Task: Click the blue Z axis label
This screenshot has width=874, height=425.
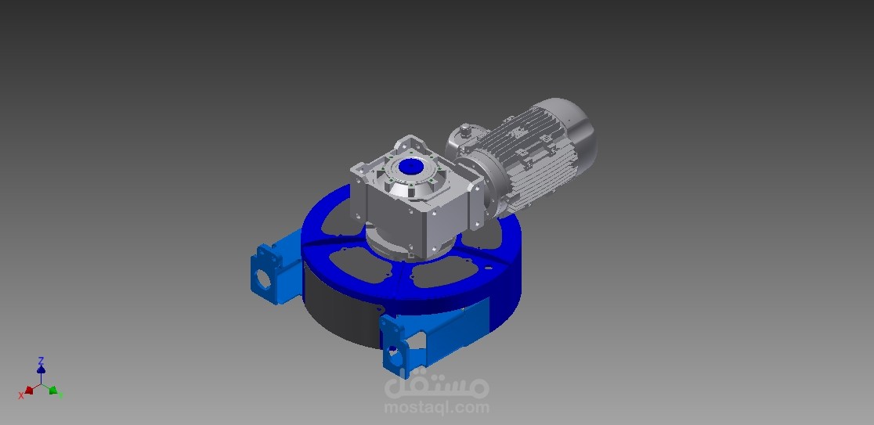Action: tap(41, 361)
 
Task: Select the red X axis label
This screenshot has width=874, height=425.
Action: tap(21, 395)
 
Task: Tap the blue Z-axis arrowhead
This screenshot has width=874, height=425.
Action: tap(41, 369)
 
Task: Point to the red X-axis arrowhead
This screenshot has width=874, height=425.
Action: tap(29, 391)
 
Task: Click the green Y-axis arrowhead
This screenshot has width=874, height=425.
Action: tap(53, 391)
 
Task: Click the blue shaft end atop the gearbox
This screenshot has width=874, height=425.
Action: tap(411, 167)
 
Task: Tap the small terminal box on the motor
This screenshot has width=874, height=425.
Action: tap(464, 132)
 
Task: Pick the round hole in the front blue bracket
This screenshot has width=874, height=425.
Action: tap(394, 353)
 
